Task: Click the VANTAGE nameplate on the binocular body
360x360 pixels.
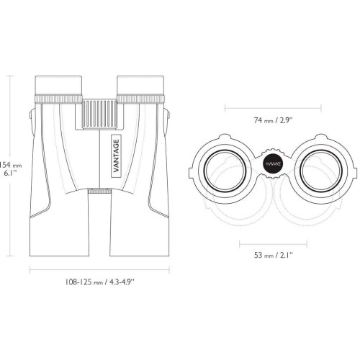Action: tap(117, 156)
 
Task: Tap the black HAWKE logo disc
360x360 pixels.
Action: tap(273, 164)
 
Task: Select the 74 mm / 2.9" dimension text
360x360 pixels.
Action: tap(274, 120)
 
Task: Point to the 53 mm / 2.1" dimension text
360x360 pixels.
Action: tap(274, 255)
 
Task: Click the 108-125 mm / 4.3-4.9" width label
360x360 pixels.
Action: tap(99, 282)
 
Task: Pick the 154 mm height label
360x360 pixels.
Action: tap(11, 165)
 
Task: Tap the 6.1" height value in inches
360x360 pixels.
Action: tap(11, 173)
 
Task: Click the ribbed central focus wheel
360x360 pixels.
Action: tap(99, 114)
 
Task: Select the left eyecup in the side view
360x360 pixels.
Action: tap(58, 85)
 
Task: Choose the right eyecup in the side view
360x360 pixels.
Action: tap(140, 85)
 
